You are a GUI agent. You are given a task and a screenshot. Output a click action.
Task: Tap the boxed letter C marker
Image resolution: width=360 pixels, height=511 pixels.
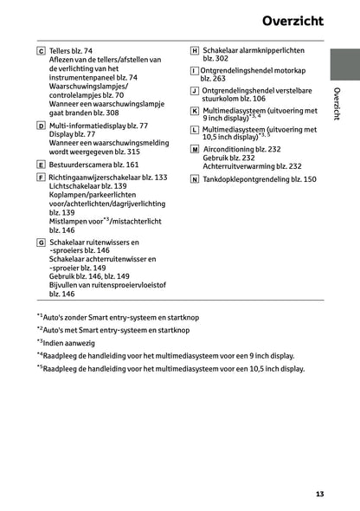42,52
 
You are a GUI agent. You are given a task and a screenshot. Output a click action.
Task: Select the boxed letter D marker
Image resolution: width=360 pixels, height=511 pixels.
42,126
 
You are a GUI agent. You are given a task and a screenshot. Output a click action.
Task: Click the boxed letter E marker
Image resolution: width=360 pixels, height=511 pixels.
42,164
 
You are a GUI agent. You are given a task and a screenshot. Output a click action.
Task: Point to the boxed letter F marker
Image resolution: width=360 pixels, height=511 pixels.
42,178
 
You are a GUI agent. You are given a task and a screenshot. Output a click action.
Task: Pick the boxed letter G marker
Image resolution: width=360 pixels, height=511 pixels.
42,242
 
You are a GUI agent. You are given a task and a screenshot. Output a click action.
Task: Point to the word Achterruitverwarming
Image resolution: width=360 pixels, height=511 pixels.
241,166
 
